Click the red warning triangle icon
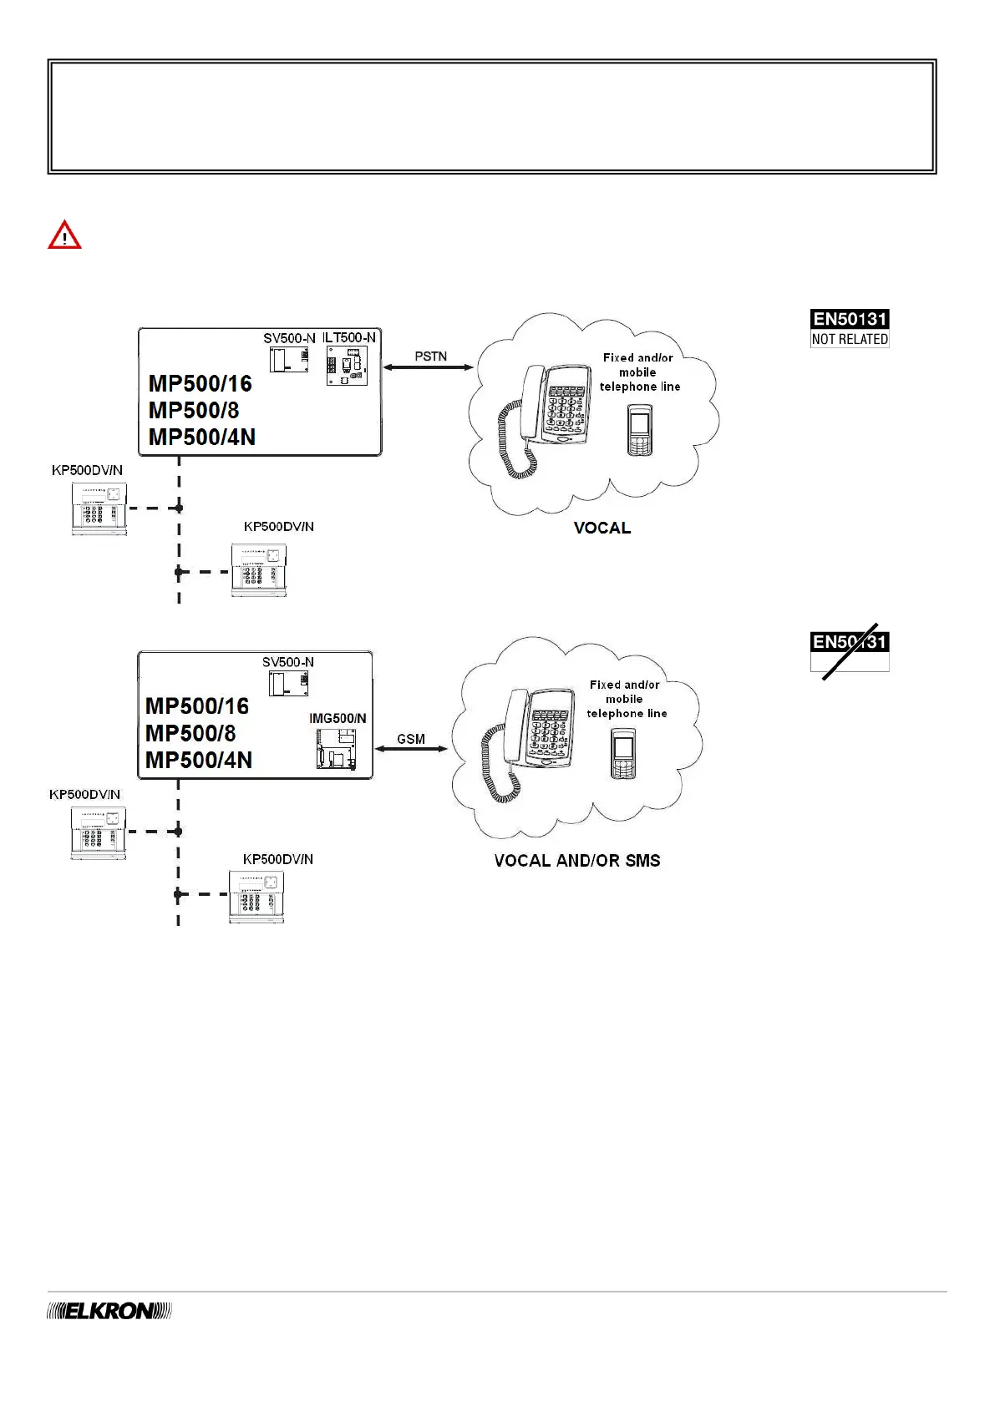(x=64, y=236)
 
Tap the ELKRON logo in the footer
(x=109, y=1311)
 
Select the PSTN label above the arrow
(x=431, y=356)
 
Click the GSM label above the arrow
(x=411, y=739)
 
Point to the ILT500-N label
(x=350, y=337)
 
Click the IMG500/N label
(x=338, y=718)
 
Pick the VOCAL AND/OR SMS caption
(x=577, y=861)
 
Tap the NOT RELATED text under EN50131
(x=850, y=339)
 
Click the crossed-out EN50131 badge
(x=850, y=650)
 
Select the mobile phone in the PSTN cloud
(x=639, y=430)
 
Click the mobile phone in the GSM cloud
(x=623, y=753)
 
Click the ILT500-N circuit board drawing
(x=347, y=367)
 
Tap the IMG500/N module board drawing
(x=336, y=748)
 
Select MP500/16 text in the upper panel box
(x=201, y=383)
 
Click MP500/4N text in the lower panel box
(x=199, y=760)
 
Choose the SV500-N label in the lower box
(x=288, y=662)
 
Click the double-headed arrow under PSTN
(x=429, y=367)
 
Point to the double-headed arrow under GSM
(x=411, y=749)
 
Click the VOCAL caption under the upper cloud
(x=602, y=528)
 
